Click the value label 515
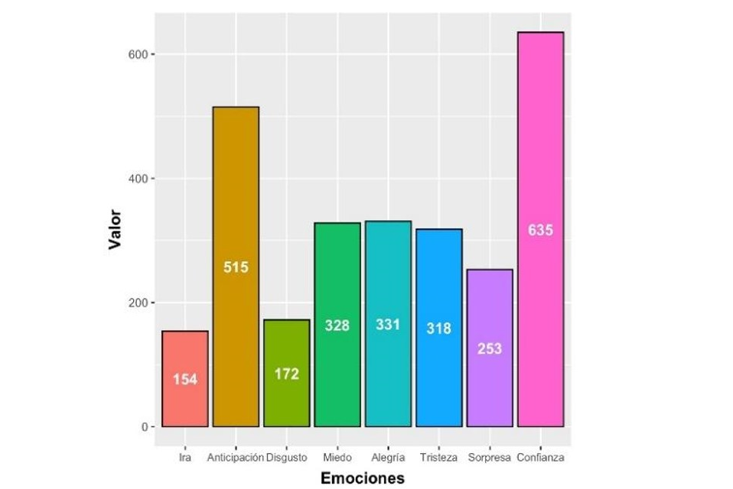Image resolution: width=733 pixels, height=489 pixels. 236,267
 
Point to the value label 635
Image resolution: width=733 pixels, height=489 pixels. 540,230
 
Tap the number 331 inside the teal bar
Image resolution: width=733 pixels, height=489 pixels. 388,325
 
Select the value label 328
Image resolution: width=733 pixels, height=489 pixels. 337,325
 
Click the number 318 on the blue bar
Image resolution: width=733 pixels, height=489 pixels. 438,329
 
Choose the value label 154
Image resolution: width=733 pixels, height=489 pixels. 184,379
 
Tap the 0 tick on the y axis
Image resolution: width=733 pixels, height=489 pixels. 144,427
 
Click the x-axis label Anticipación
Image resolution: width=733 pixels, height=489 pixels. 235,458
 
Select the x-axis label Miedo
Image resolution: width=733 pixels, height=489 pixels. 337,458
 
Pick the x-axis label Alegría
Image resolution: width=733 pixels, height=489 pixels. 388,458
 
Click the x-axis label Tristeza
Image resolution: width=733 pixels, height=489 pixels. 438,458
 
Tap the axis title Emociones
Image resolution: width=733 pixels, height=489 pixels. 363,478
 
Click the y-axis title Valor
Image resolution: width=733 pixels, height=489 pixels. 116,228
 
